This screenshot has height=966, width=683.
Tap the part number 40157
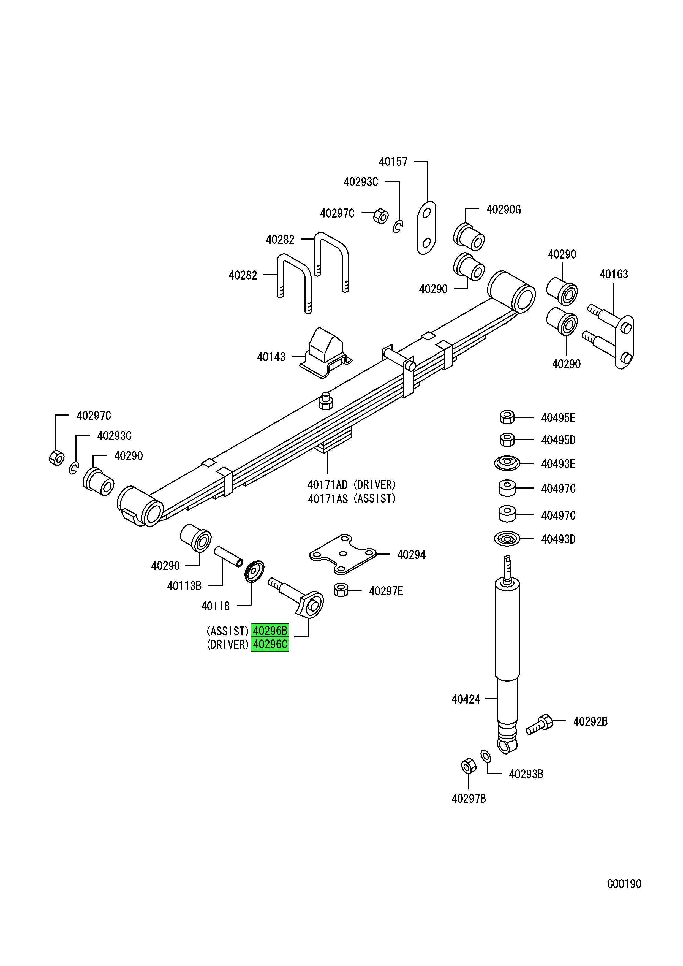point(393,162)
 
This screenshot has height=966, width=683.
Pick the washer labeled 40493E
point(507,464)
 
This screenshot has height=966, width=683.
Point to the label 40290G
point(504,210)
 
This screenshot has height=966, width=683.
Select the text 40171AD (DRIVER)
point(351,485)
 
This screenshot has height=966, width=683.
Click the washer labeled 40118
point(254,571)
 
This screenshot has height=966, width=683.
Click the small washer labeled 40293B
point(486,756)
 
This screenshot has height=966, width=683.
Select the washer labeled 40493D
point(507,539)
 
